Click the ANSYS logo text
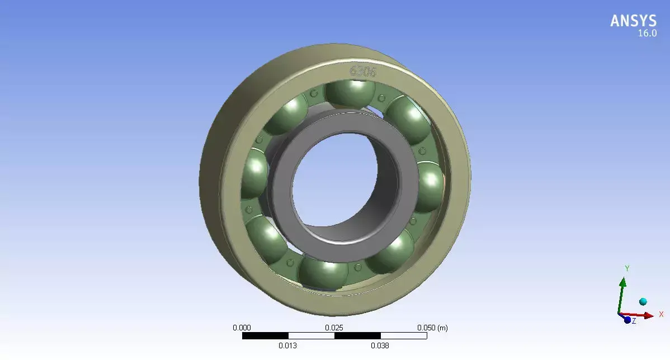[x=633, y=21]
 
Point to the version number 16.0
[x=647, y=34]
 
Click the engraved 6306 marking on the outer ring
[x=363, y=71]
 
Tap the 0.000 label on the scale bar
[x=242, y=328]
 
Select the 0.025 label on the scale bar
[x=334, y=328]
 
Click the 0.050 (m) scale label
[x=432, y=328]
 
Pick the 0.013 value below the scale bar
[x=287, y=346]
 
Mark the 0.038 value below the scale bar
[x=380, y=346]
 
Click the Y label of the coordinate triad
[x=627, y=269]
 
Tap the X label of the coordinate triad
[x=660, y=314]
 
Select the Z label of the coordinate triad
[x=634, y=321]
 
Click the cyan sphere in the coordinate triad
[x=643, y=302]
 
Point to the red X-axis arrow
[x=643, y=315]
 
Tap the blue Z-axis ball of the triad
[x=627, y=320]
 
